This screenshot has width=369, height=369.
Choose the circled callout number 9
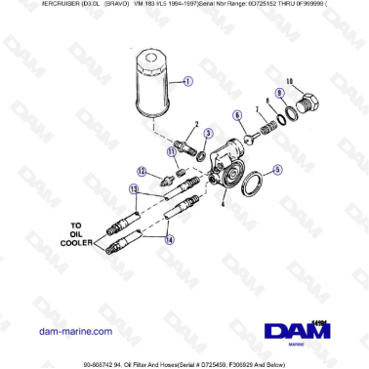279,94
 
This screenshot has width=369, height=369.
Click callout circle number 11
172,150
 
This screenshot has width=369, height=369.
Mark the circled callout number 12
142,172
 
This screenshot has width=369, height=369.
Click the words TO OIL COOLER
82,236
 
